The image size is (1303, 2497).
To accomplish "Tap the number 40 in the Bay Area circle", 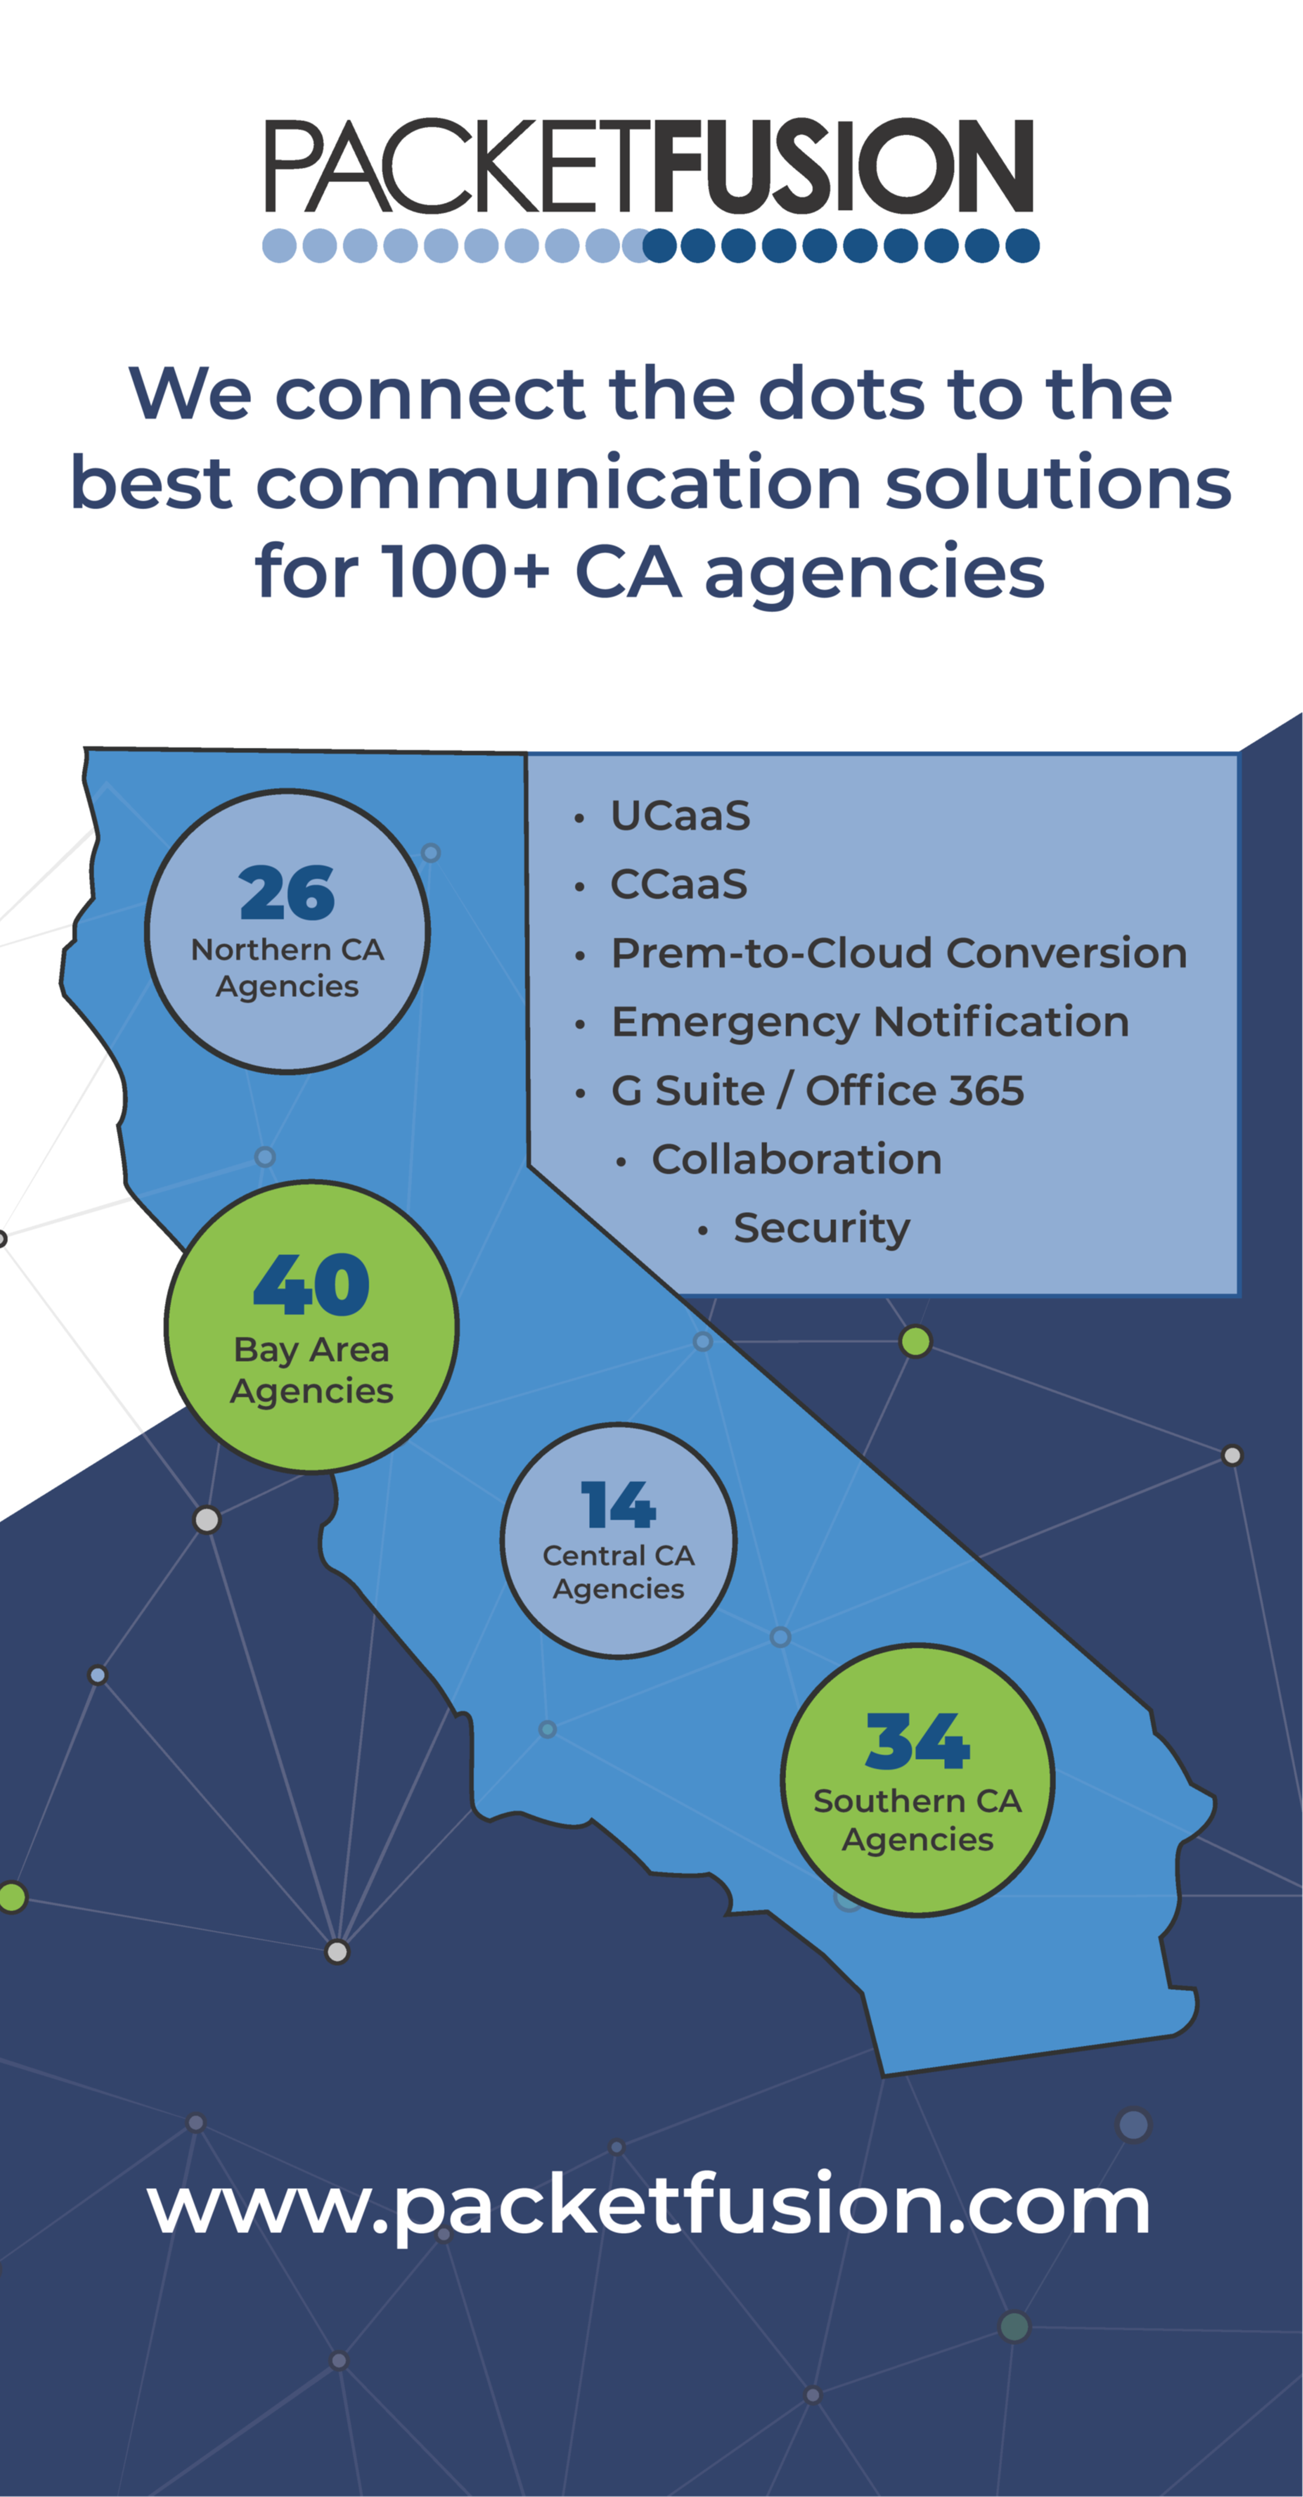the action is pyautogui.click(x=311, y=1285).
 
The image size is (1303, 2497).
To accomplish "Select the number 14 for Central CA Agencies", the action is pyautogui.click(x=619, y=1505).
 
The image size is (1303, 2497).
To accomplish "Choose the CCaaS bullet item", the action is pyautogui.click(x=679, y=884).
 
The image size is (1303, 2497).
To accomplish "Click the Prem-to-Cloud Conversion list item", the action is pyautogui.click(x=899, y=953).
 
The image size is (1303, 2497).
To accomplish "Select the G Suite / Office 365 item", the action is pyautogui.click(x=818, y=1091).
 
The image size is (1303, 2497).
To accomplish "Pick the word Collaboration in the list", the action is pyautogui.click(x=796, y=1159).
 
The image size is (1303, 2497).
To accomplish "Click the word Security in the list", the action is pyautogui.click(x=822, y=1228).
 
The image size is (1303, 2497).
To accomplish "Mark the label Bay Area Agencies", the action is pyautogui.click(x=311, y=1370).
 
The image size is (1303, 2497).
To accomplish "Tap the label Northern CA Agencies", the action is pyautogui.click(x=287, y=967).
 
